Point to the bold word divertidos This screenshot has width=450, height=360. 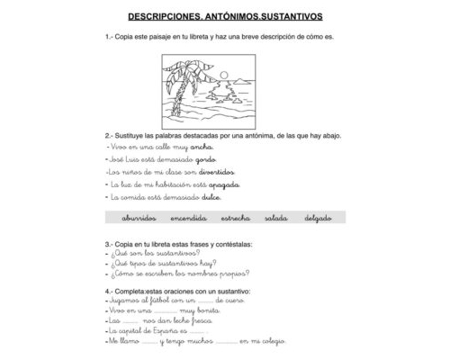(x=217, y=171)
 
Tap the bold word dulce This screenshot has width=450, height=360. (x=211, y=197)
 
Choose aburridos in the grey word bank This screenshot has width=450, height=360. (x=139, y=218)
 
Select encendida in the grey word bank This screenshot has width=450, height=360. (x=188, y=218)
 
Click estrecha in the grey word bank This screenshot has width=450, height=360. (x=235, y=218)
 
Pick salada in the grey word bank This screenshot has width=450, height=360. (x=276, y=218)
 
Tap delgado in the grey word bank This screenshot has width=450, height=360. (x=318, y=218)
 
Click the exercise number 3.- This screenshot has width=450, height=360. (x=109, y=243)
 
